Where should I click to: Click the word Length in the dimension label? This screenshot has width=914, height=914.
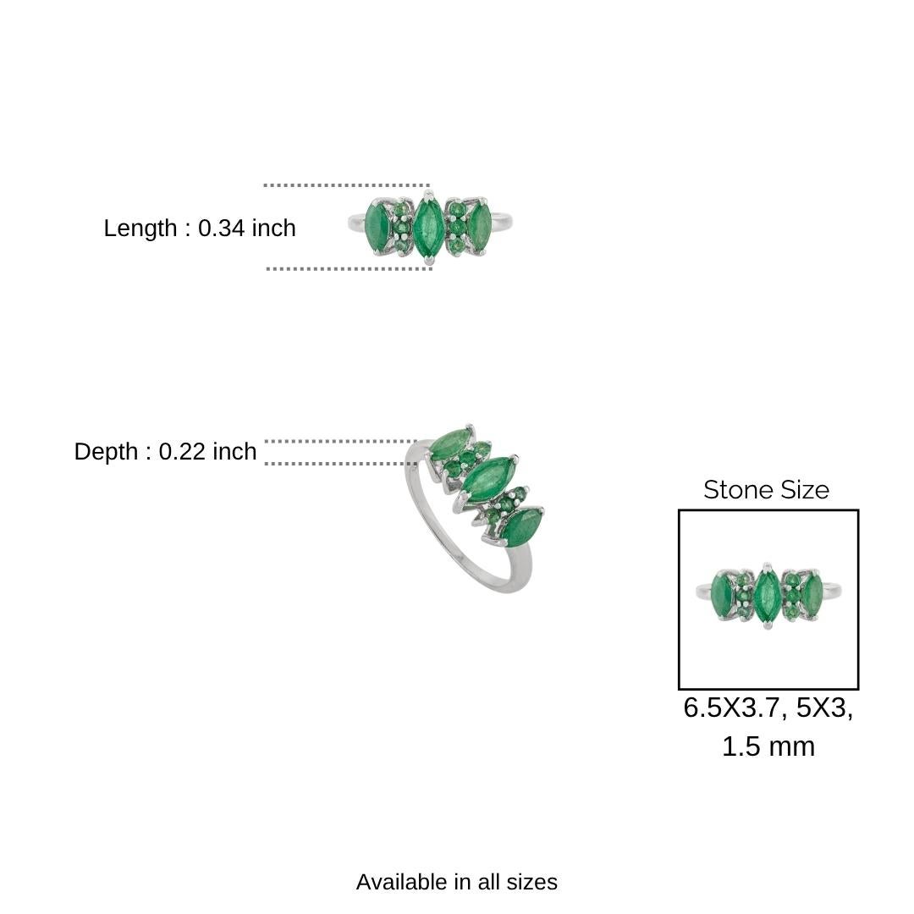[x=140, y=228]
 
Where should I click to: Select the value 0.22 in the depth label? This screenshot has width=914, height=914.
[x=183, y=452]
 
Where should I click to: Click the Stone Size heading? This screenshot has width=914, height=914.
[x=766, y=490]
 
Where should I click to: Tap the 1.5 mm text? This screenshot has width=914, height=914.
[x=768, y=746]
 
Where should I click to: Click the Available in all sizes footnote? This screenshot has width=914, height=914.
[x=456, y=882]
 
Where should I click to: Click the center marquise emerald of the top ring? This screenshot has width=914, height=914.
[x=427, y=225]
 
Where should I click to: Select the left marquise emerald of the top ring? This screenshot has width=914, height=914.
[x=377, y=226]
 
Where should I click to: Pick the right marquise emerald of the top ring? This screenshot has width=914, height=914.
[x=479, y=226]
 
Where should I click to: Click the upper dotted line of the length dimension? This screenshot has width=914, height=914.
[x=346, y=184]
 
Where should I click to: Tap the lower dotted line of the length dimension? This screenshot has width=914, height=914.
[x=349, y=268]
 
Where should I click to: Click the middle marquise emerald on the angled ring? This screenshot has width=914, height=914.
[x=487, y=478]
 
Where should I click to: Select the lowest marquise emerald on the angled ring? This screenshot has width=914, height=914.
[x=521, y=527]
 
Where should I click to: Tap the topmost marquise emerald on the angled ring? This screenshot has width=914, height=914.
[x=450, y=443]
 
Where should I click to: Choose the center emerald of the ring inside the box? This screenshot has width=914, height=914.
[x=767, y=596]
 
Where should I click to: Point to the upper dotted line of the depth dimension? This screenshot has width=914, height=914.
[x=339, y=441]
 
